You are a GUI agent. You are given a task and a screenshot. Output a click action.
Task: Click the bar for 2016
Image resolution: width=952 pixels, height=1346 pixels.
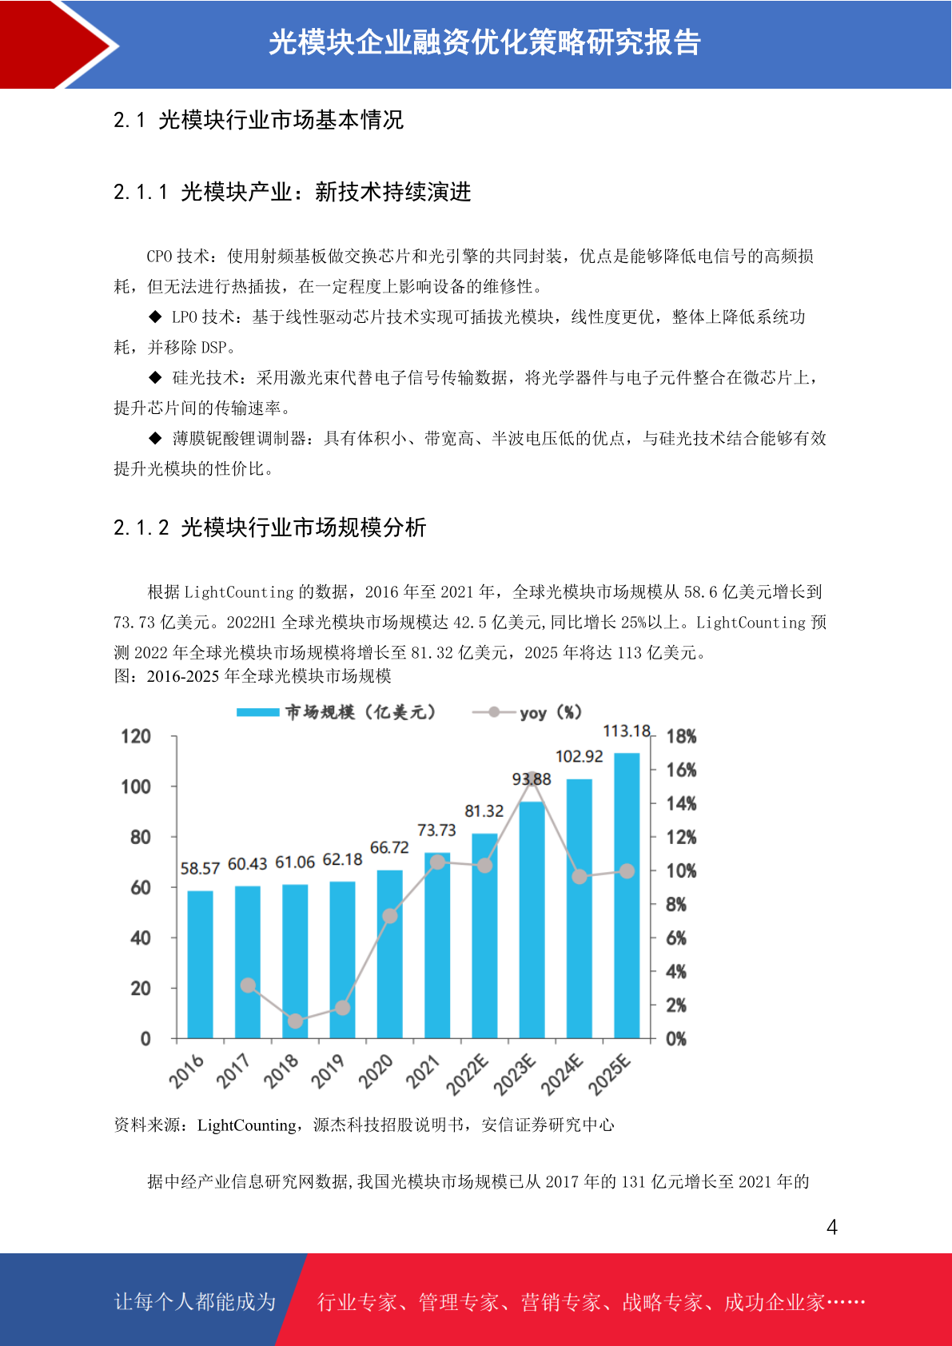[x=200, y=965]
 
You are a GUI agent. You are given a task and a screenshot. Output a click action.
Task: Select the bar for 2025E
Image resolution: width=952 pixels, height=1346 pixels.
[x=627, y=895]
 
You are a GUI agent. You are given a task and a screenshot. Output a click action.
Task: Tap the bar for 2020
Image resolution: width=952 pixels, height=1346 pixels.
[x=390, y=954]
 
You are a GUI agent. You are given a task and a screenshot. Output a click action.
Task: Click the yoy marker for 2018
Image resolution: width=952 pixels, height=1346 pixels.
[x=295, y=1021]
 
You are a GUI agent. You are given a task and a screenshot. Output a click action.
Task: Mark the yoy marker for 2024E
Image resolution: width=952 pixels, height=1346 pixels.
[x=580, y=877]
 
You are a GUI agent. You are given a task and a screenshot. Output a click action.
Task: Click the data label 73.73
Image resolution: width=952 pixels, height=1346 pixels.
[x=437, y=830]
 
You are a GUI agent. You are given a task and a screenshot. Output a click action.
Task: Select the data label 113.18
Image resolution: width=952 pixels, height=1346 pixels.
[x=627, y=731]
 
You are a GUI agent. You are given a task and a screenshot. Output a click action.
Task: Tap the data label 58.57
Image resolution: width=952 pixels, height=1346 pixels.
[x=200, y=868]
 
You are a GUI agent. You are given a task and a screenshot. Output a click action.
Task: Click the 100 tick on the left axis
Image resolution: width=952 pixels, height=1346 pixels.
[x=136, y=786]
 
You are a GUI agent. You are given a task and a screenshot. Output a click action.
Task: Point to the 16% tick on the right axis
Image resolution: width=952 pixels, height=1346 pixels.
[x=681, y=770]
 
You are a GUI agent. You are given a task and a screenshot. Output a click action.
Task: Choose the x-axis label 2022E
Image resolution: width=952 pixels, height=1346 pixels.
[x=468, y=1074]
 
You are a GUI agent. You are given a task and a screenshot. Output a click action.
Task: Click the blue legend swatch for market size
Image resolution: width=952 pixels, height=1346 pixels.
[x=258, y=712]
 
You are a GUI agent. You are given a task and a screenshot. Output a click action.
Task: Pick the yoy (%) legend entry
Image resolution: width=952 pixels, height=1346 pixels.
[x=527, y=713]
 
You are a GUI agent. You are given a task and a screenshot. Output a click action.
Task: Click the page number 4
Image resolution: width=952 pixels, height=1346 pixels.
[x=832, y=1227]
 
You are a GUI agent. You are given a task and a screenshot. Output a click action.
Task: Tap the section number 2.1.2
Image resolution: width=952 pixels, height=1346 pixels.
[x=141, y=528]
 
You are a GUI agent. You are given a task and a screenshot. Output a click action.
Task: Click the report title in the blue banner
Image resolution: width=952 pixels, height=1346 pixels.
[x=484, y=42]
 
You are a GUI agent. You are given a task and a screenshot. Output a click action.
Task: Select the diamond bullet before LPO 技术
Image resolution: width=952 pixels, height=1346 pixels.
[x=156, y=316]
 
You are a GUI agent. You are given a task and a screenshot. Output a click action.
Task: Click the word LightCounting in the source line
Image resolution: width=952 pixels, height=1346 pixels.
[x=247, y=1125]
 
